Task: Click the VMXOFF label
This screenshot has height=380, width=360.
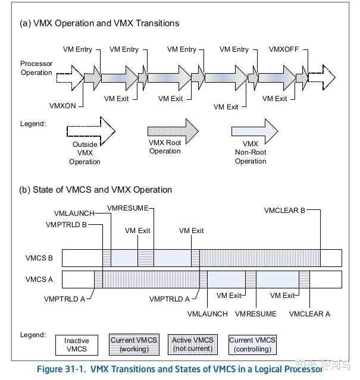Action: pyautogui.click(x=284, y=49)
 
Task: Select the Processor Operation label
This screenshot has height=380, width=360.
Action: pyautogui.click(x=36, y=68)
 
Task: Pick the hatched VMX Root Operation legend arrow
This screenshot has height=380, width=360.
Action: pyautogui.click(x=173, y=129)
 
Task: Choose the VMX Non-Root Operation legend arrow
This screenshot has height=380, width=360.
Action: pyautogui.click(x=255, y=129)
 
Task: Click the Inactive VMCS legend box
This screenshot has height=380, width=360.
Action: pyautogui.click(x=76, y=345)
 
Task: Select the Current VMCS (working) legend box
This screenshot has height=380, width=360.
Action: pyautogui.click(x=134, y=344)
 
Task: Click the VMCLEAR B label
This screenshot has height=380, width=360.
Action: pyautogui.click(x=286, y=210)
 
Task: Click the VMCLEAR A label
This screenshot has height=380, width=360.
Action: pyautogui.click(x=309, y=313)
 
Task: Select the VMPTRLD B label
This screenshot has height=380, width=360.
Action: pyautogui.click(x=67, y=224)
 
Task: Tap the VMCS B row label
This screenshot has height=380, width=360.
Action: pyautogui.click(x=39, y=258)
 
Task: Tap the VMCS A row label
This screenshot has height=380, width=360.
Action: pyautogui.click(x=39, y=279)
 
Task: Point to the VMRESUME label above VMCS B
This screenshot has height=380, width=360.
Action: pyautogui.click(x=129, y=208)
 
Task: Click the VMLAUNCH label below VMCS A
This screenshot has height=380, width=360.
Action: pyautogui.click(x=207, y=313)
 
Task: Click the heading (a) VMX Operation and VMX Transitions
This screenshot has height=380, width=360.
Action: pyautogui.click(x=99, y=23)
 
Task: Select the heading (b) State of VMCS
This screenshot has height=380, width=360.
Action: pyautogui.click(x=96, y=190)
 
